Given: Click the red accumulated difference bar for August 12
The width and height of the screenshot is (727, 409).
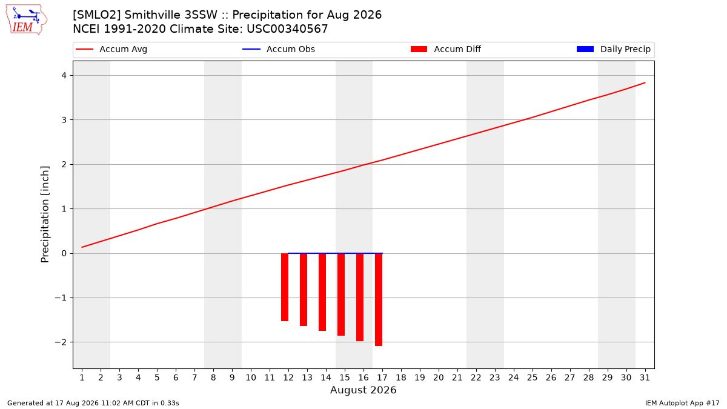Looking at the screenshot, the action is click(285, 287).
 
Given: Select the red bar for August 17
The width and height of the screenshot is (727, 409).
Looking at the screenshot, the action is click(379, 299).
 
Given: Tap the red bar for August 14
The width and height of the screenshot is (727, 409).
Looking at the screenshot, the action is click(322, 292).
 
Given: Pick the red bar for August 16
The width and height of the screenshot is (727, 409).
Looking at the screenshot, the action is click(360, 297).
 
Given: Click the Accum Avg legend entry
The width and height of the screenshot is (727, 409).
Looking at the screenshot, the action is click(111, 49).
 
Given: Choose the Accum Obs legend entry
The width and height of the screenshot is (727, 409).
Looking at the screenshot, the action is click(279, 49).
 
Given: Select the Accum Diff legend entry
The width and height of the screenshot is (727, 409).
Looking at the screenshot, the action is click(446, 49).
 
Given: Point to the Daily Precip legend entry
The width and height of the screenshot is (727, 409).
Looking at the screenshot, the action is click(613, 49).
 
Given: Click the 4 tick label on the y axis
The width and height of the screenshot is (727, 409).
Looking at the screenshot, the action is click(64, 76).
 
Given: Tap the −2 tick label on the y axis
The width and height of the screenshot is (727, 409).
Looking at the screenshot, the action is click(61, 342).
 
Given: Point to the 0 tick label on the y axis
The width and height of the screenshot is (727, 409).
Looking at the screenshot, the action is click(64, 253).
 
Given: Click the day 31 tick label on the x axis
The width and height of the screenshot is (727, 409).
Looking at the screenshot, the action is click(645, 377).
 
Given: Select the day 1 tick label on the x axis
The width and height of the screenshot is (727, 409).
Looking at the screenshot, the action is click(82, 377).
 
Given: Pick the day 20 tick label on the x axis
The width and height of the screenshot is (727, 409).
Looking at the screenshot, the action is click(439, 377).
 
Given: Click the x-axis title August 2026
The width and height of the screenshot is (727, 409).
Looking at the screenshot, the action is click(363, 390).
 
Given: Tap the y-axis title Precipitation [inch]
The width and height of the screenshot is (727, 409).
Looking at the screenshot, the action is click(45, 214).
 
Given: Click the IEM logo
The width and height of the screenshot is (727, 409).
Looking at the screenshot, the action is click(26, 20).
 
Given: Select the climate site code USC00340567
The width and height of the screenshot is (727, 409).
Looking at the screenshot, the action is click(287, 29).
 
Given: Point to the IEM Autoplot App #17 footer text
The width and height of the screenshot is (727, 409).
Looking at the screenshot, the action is click(682, 403).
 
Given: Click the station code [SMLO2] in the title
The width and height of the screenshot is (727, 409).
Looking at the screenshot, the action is click(97, 15).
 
